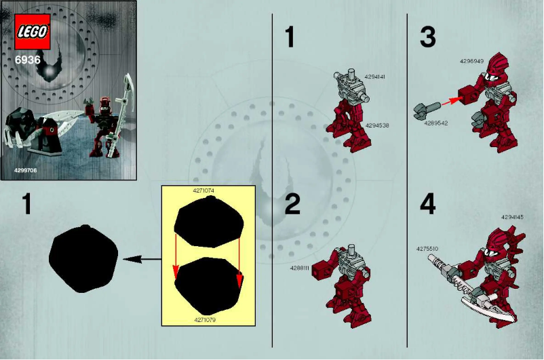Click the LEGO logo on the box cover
[33, 32]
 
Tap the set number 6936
[28, 60]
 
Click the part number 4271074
[203, 191]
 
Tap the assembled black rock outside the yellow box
[83, 258]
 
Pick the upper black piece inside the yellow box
[208, 224]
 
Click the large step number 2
[292, 205]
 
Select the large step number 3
[427, 37]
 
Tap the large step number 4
[427, 205]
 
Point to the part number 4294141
[375, 77]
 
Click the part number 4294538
[377, 125]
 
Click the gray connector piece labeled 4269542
[427, 108]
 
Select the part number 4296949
[471, 60]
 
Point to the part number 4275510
[427, 249]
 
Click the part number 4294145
[512, 217]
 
